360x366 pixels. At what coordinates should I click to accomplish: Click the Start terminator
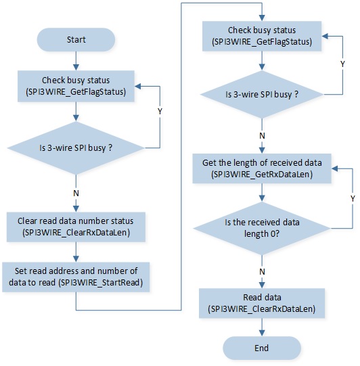(76, 40)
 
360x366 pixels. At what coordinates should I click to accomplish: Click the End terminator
(262, 348)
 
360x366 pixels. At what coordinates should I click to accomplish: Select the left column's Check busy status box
(76, 86)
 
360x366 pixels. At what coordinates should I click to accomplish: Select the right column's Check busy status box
(262, 36)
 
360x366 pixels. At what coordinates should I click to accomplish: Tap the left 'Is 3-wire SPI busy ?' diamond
(76, 148)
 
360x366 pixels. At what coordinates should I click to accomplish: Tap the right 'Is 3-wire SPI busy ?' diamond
(262, 95)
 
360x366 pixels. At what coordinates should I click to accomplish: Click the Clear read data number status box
(76, 227)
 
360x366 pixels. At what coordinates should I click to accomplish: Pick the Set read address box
(76, 277)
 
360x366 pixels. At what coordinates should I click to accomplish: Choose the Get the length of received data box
(262, 168)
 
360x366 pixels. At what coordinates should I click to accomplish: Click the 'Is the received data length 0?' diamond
(262, 228)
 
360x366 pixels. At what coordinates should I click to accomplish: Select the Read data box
(262, 303)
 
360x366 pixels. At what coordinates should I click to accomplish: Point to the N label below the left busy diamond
(76, 193)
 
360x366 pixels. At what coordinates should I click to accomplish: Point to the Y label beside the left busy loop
(160, 112)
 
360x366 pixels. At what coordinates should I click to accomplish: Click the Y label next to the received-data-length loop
(353, 199)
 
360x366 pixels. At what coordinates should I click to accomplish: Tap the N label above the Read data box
(262, 272)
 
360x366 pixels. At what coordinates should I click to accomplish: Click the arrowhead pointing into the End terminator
(262, 333)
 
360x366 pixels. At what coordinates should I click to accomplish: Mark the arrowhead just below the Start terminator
(76, 67)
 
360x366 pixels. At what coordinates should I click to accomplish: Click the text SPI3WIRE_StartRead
(100, 283)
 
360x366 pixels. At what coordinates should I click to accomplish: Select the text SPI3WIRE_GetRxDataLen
(262, 175)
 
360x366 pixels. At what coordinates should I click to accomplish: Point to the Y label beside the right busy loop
(342, 64)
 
